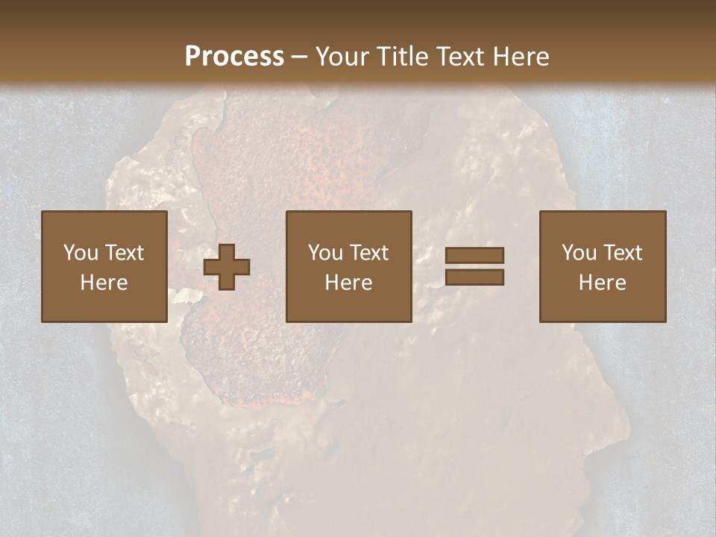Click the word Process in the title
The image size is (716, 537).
pos(234,57)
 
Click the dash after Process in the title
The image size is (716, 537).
pos(300,57)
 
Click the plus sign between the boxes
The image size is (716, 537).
pos(227,267)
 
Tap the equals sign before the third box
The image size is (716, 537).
pos(474,266)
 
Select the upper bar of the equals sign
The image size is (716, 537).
pos(474,256)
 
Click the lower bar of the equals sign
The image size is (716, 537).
pos(474,277)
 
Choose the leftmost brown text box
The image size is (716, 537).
pos(104,266)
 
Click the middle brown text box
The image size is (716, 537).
pos(348,266)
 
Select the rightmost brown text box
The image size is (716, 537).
pos(602,266)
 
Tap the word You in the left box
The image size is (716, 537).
pos(81,253)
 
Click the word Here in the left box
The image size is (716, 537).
pos(104,283)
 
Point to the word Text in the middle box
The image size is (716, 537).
pos(369,253)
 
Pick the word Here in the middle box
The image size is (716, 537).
pos(348,283)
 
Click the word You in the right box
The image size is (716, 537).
pos(579,253)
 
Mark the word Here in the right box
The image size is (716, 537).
pos(602,283)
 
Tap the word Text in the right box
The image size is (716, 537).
pos(623,253)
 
